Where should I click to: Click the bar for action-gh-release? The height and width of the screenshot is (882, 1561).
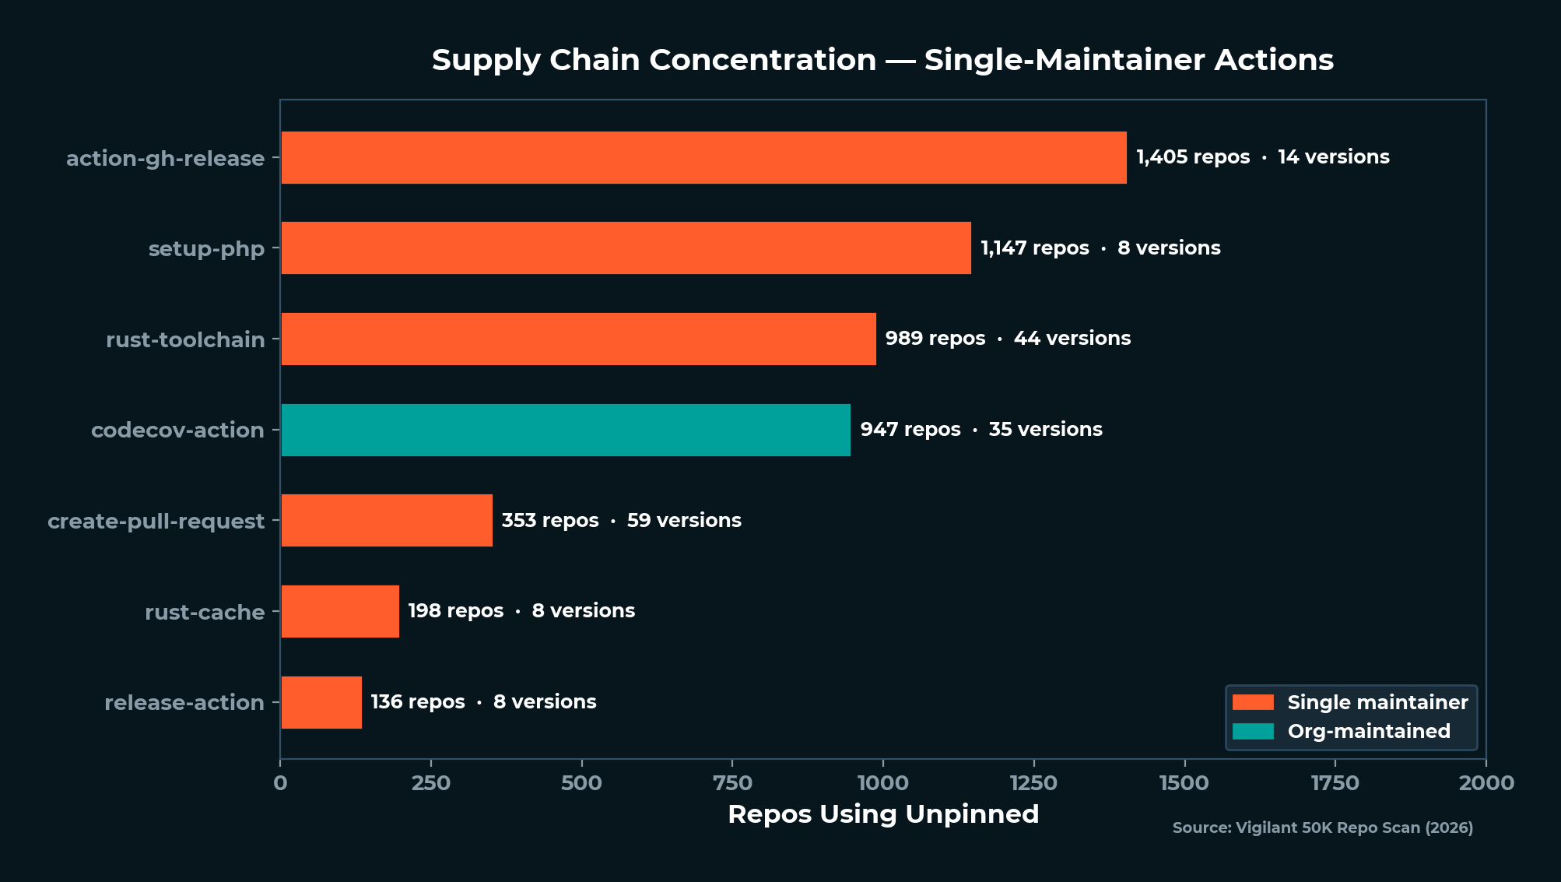tap(703, 157)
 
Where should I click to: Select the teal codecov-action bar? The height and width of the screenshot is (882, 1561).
tap(566, 430)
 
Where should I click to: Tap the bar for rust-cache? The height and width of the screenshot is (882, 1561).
tap(340, 611)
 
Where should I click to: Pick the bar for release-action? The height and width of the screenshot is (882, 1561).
tap(321, 702)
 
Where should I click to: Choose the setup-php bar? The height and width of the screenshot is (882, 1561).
tap(626, 248)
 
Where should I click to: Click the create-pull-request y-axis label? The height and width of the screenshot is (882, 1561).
tap(156, 521)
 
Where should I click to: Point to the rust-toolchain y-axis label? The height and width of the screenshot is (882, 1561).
tap(185, 339)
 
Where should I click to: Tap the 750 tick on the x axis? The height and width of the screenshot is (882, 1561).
tap(732, 783)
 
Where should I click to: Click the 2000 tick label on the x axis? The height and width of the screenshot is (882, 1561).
tap(1486, 783)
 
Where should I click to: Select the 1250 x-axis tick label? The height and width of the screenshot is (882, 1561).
tap(1033, 783)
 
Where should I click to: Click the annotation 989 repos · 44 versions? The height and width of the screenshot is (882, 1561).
tap(1008, 339)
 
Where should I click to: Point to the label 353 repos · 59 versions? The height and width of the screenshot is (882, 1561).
tap(621, 520)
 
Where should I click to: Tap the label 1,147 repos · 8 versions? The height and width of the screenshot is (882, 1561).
tap(1100, 248)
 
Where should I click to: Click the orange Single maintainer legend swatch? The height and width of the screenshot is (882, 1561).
tap(1253, 702)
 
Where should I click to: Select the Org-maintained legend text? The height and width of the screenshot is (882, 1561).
tap(1369, 731)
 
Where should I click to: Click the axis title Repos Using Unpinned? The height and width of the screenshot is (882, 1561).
tap(883, 813)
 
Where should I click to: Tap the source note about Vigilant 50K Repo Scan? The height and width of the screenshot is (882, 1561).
tap(1322, 828)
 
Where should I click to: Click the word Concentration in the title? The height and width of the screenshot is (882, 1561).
tap(762, 60)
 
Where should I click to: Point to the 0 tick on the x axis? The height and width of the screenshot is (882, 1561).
tap(280, 783)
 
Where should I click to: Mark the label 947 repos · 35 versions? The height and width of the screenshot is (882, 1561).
tap(981, 430)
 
